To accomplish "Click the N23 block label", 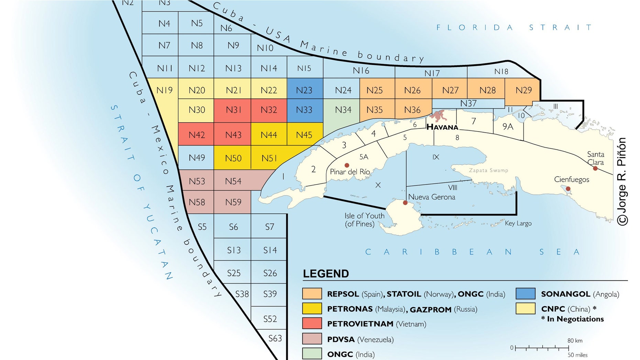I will coord(304,90).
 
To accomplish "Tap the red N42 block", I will coord(197,135).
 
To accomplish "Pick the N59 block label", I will coord(233,202).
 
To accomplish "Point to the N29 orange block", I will coord(523,90).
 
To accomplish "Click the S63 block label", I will coord(275,338).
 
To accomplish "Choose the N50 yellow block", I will coord(233,158).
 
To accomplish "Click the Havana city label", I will coord(442,127).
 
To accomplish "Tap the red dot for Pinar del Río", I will coord(347,166).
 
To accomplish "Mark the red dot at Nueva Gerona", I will coord(405,203).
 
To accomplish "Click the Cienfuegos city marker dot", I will coord(568,189).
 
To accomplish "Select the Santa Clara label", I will coord(595,158).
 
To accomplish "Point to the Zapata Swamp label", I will coord(488,170).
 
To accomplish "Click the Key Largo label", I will coord(518,223).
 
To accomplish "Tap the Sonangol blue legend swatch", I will coord(525,294).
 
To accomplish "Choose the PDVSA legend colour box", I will coord(312,339).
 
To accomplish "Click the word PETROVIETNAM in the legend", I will coord(360,324).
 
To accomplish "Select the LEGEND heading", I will coord(325,274).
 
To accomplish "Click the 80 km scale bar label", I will coord(575,340).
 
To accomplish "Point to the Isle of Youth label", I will coord(364,220).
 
